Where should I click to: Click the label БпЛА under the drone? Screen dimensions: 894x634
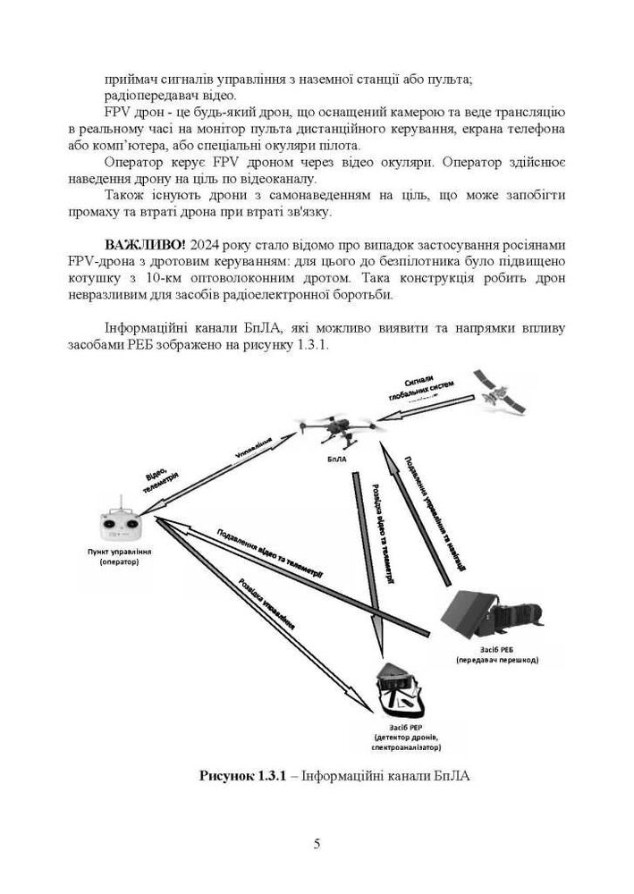click(336, 460)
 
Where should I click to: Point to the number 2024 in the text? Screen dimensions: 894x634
click(207, 245)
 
